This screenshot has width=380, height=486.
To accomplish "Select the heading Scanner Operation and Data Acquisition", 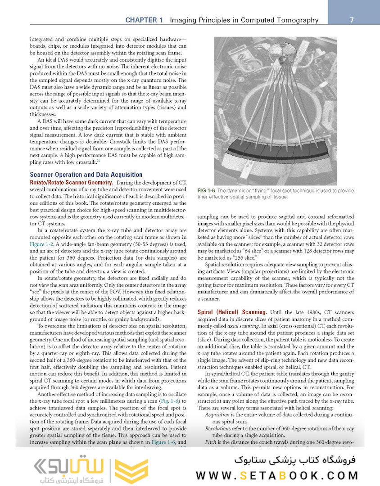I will (x=86, y=174).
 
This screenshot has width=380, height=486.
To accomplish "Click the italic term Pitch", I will (x=211, y=442).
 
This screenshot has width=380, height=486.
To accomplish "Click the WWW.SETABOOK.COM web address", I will (x=277, y=475).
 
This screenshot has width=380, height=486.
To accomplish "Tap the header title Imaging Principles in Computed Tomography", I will (x=244, y=20).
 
